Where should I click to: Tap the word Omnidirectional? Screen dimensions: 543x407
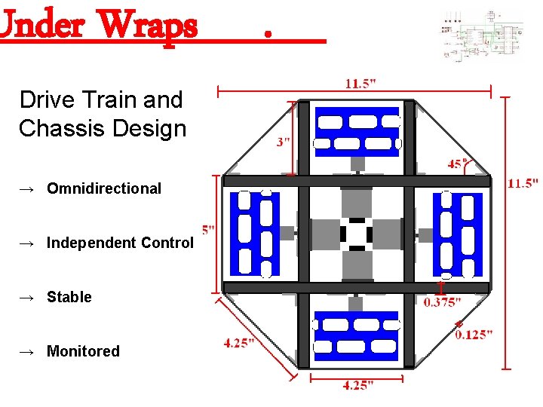[x=104, y=188]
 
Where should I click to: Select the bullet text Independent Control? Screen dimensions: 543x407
[x=120, y=243]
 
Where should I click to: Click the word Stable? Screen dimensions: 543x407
[x=69, y=297]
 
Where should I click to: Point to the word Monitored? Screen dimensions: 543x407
[x=83, y=351]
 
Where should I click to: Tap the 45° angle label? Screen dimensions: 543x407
[x=456, y=164]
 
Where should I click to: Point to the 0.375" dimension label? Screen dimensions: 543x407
[x=442, y=302]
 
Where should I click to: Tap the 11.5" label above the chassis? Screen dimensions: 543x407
[x=363, y=83]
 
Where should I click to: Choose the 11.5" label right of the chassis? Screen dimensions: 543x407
[x=523, y=183]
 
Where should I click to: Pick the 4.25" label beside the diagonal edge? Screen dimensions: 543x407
[x=240, y=343]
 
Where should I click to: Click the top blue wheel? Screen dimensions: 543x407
[x=357, y=131]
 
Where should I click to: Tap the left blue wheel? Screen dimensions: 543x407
[x=255, y=234]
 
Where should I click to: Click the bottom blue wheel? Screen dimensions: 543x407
[x=357, y=335]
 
